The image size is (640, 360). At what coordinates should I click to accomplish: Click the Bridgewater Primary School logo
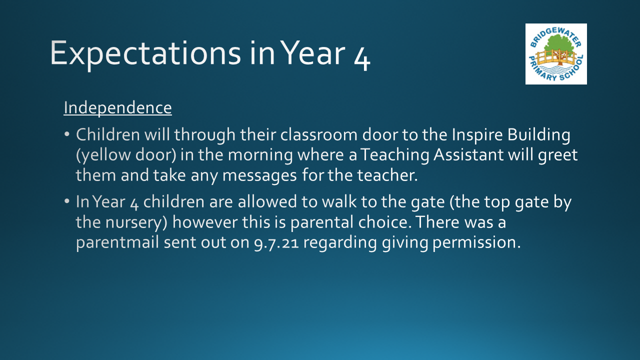pos(556,54)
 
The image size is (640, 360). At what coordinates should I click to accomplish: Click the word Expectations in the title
pos(145,53)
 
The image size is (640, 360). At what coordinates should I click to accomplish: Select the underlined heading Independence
pos(117,107)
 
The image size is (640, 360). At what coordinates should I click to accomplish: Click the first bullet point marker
pos(67,134)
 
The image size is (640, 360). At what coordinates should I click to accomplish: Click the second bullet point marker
pos(67,201)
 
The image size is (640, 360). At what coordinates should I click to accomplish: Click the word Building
pos(539,135)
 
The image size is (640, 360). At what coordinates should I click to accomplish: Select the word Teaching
pos(394,155)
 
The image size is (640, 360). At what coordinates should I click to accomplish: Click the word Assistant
pos(468,155)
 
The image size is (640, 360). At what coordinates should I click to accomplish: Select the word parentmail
pos(117,243)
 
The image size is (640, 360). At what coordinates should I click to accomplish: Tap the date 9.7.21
pos(276,243)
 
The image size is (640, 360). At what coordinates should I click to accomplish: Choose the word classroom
pos(319,134)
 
